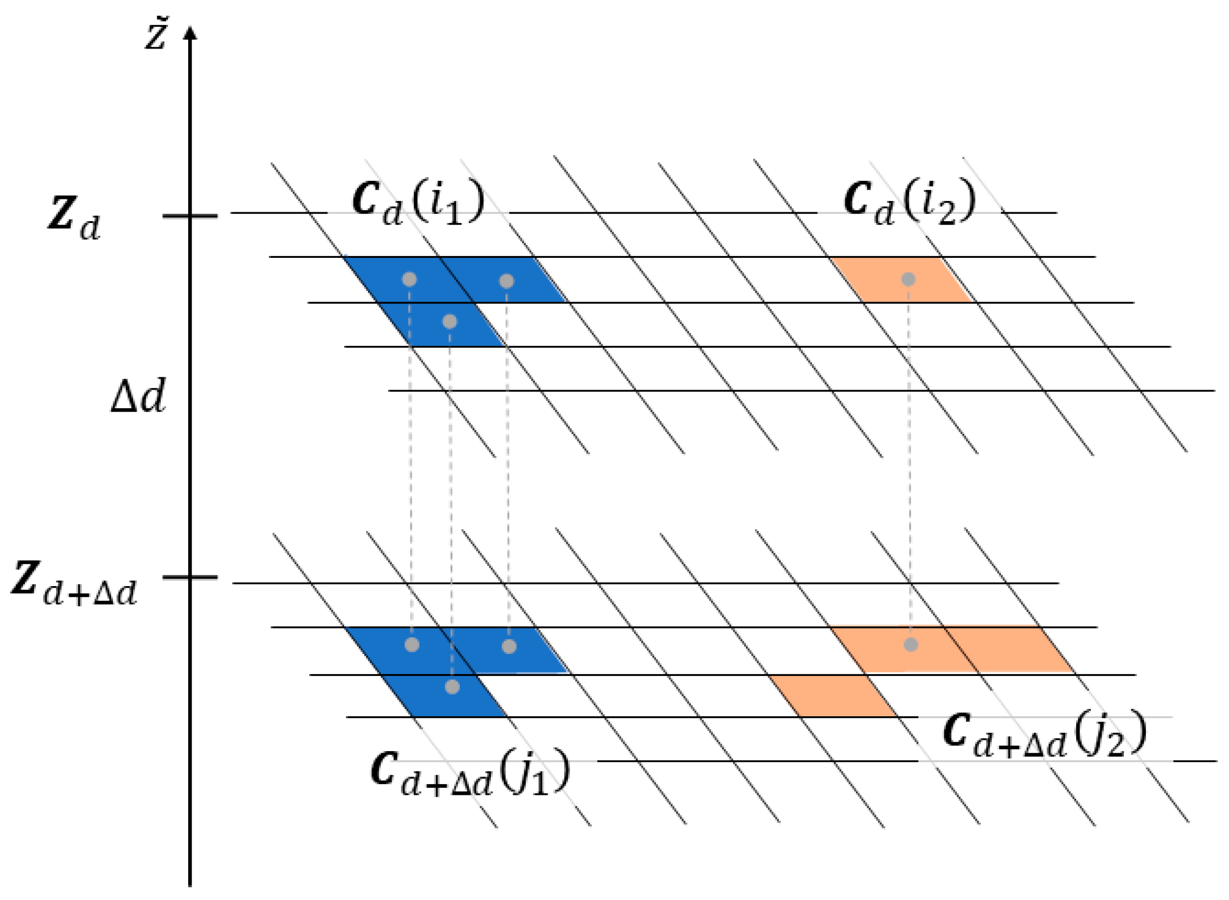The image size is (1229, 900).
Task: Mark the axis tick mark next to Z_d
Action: pyautogui.click(x=190, y=216)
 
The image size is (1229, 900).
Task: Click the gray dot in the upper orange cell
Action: pyautogui.click(x=908, y=280)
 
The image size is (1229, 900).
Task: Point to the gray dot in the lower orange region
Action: pyautogui.click(x=910, y=645)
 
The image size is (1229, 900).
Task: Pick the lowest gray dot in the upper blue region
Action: pyautogui.click(x=449, y=322)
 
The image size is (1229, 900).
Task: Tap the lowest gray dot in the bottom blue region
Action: pyautogui.click(x=452, y=686)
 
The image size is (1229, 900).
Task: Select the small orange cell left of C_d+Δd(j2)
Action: pyautogui.click(x=834, y=696)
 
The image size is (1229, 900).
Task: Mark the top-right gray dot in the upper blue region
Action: pyautogui.click(x=506, y=281)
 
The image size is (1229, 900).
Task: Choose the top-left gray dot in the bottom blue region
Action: pyautogui.click(x=412, y=645)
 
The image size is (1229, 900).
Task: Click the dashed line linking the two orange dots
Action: pyautogui.click(x=909, y=463)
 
